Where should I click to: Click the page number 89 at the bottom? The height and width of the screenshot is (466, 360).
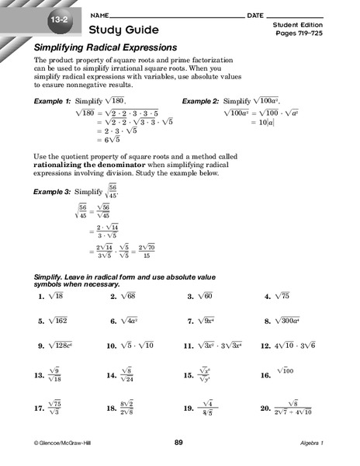pos(178,442)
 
